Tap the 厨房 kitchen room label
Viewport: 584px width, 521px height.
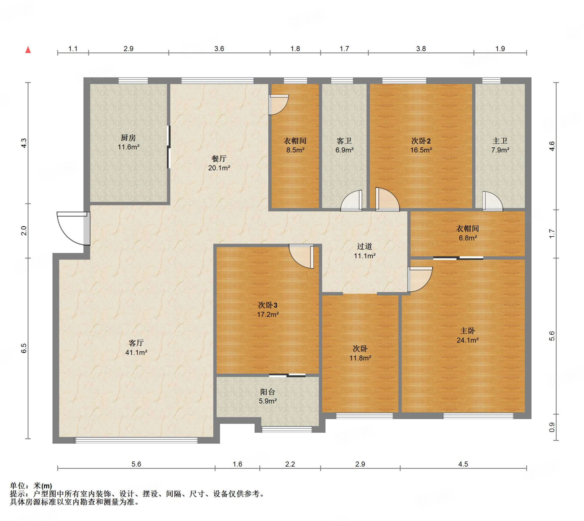[x=128, y=138]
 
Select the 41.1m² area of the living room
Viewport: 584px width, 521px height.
[x=136, y=352]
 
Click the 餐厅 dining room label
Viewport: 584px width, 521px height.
[x=219, y=158]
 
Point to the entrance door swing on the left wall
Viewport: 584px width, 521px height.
[x=74, y=228]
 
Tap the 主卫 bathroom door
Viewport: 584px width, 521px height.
[x=492, y=201]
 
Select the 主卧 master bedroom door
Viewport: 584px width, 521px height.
[x=420, y=279]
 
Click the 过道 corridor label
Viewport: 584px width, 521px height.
[x=365, y=246]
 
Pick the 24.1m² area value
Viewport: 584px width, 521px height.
[x=468, y=340]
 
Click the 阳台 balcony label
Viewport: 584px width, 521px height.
[x=268, y=392]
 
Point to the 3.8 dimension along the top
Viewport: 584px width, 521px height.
[x=421, y=49]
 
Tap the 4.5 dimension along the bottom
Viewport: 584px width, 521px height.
[x=463, y=464]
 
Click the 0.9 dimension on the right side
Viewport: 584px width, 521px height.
[x=552, y=427]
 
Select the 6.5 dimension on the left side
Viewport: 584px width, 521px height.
[x=24, y=348]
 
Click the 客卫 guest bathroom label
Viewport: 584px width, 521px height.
[x=344, y=141]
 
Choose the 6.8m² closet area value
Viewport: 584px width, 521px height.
[x=468, y=238]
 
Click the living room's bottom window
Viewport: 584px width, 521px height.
[x=136, y=440]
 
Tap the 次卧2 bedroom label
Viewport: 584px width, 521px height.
[x=421, y=141]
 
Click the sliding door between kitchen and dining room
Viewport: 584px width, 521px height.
[x=169, y=147]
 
